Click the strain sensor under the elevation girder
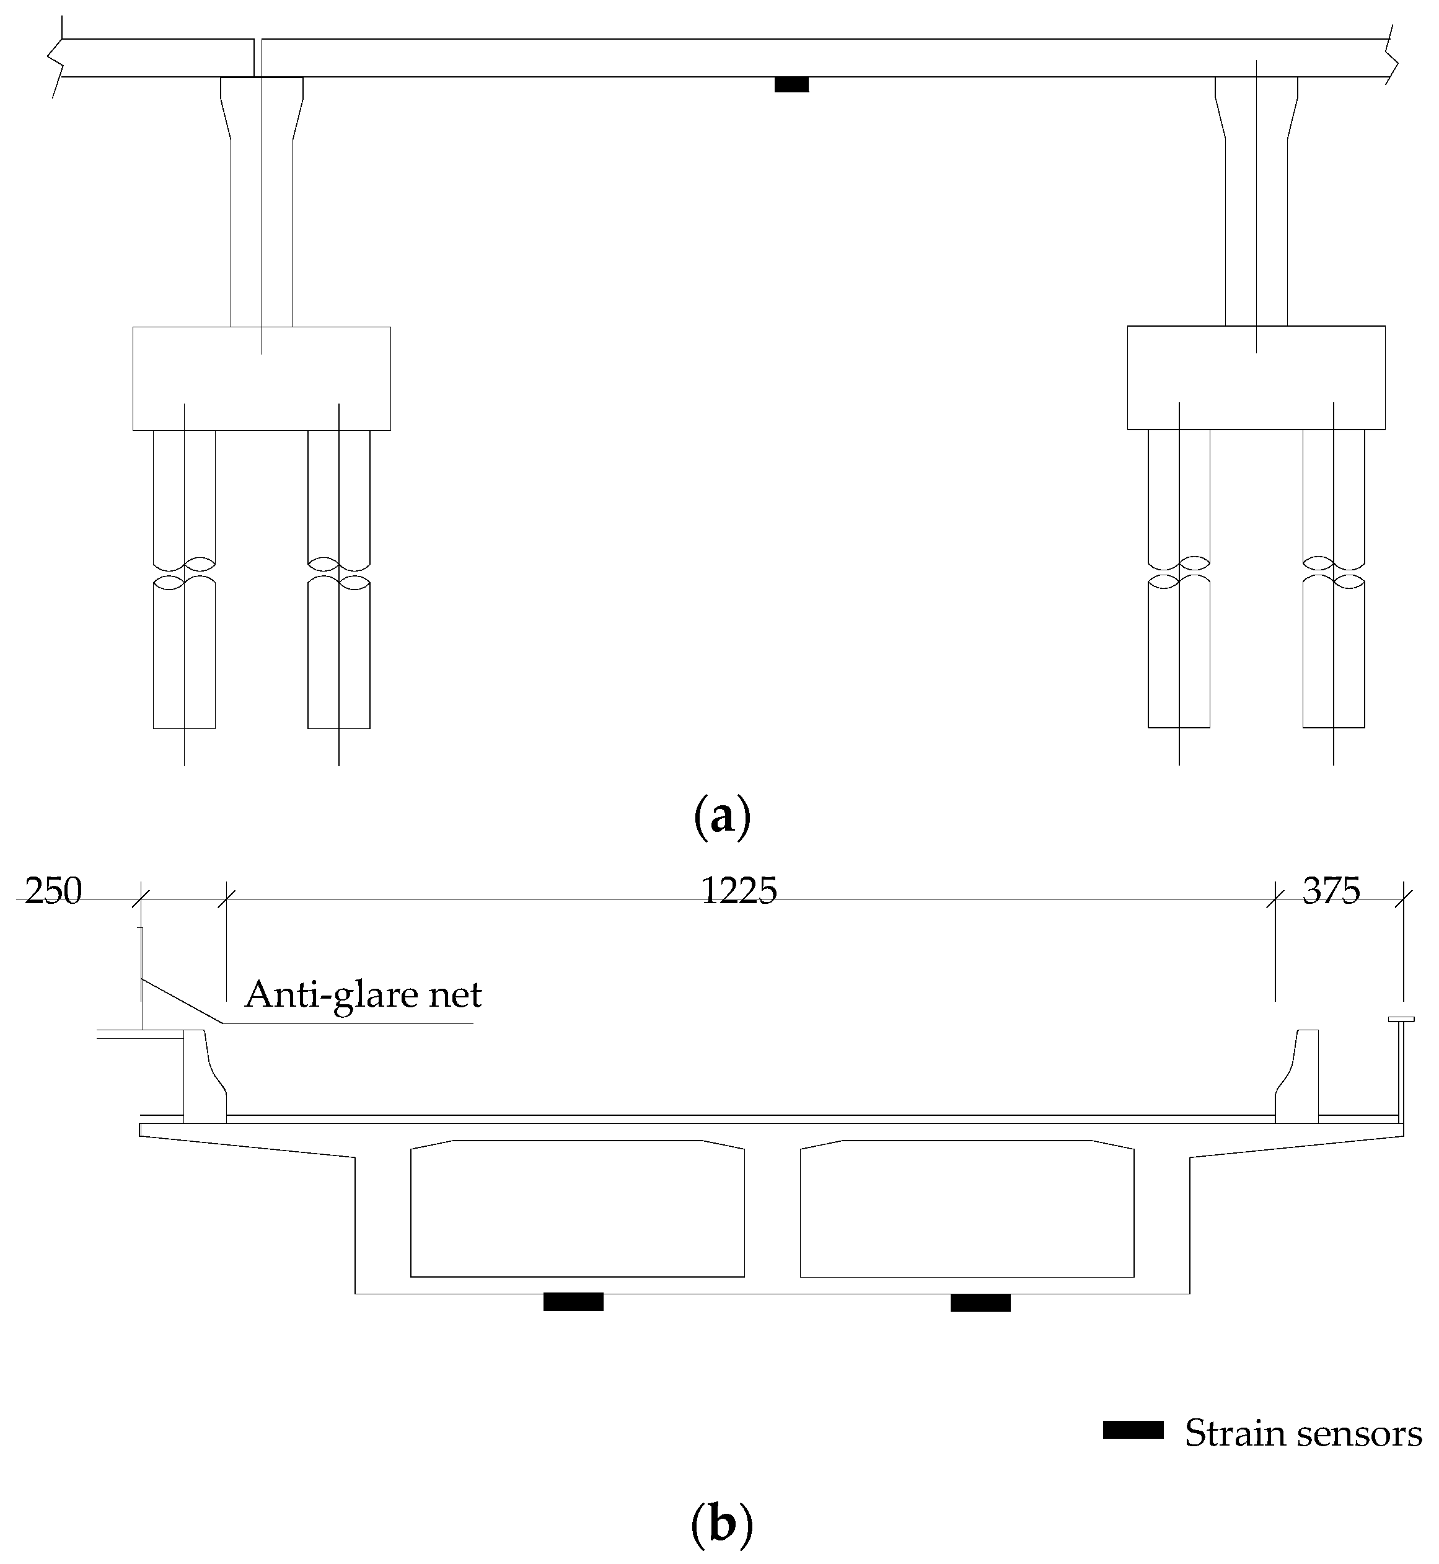[791, 84]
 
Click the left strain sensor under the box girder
[573, 1302]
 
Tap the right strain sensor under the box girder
[980, 1302]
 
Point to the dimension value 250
[53, 891]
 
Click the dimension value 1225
[739, 890]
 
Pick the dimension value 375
[1331, 890]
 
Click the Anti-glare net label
[363, 995]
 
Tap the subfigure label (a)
[721, 816]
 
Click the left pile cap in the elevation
[262, 379]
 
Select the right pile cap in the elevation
[1256, 378]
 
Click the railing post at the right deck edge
[1400, 1071]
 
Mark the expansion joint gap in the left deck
[258, 58]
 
